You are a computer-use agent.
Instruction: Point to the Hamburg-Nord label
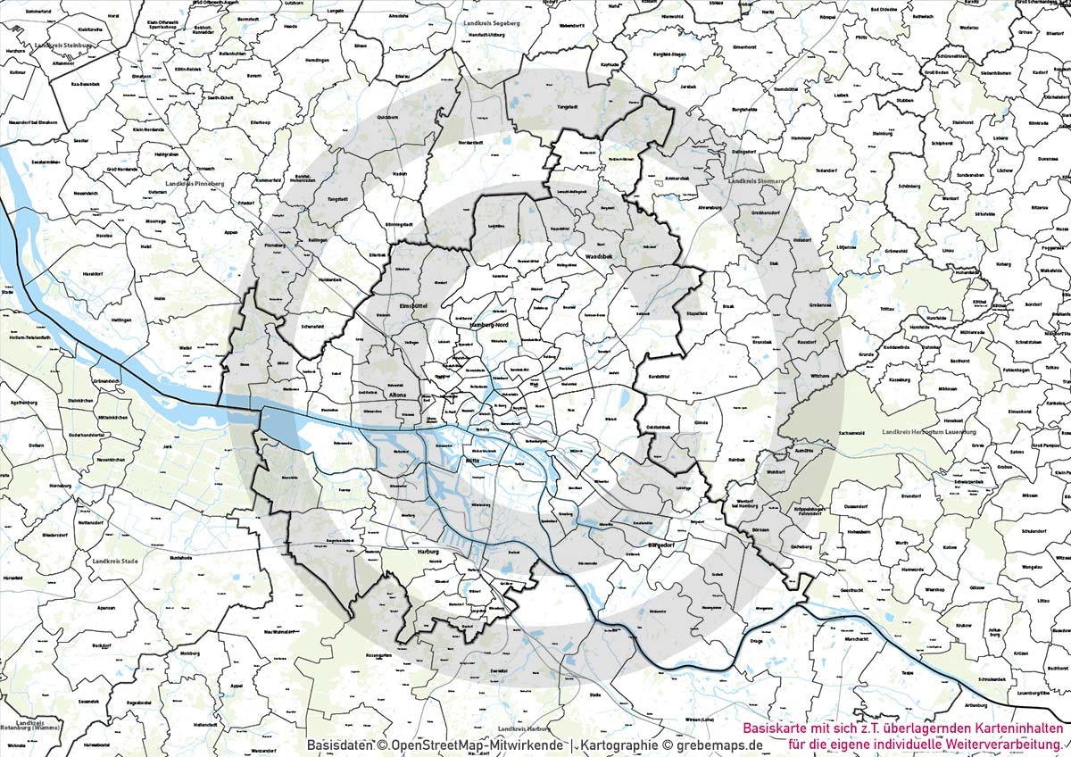(488, 328)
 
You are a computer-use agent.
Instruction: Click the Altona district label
(398, 394)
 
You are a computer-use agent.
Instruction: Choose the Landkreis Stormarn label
(755, 181)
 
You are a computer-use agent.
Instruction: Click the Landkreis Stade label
(115, 562)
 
